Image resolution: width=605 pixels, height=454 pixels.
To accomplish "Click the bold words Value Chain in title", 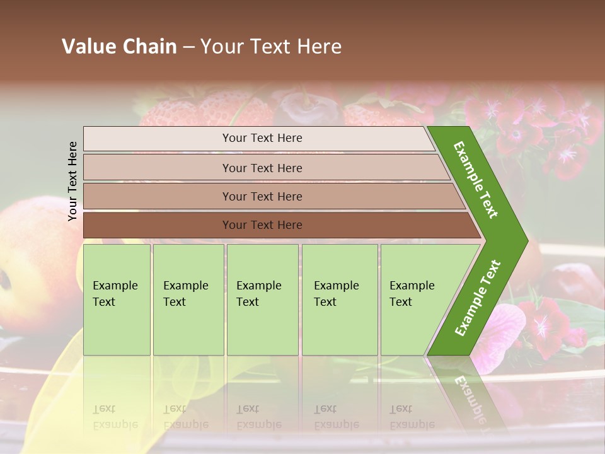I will coord(119,47).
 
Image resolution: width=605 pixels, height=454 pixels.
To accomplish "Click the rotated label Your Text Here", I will coord(73,181).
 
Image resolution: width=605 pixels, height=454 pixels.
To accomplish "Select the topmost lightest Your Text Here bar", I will coord(262,138).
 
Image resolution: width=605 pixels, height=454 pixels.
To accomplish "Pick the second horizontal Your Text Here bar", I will coord(262,168).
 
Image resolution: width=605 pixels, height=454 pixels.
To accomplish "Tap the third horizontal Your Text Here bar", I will coord(262,196).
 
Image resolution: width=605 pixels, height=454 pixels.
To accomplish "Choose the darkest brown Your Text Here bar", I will coord(262,225).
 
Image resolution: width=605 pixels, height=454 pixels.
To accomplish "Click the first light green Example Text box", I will coord(117,300).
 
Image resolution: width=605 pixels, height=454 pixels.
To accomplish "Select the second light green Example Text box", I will coord(188,300).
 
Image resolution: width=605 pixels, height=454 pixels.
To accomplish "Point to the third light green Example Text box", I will coord(262,300).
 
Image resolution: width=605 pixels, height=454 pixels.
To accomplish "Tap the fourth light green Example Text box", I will coord(340,300).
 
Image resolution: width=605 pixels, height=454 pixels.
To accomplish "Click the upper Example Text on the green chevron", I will coord(476,180).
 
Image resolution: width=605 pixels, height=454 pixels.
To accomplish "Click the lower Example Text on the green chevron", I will coord(477,298).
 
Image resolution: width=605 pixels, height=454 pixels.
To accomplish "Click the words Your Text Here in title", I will coord(271,47).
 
